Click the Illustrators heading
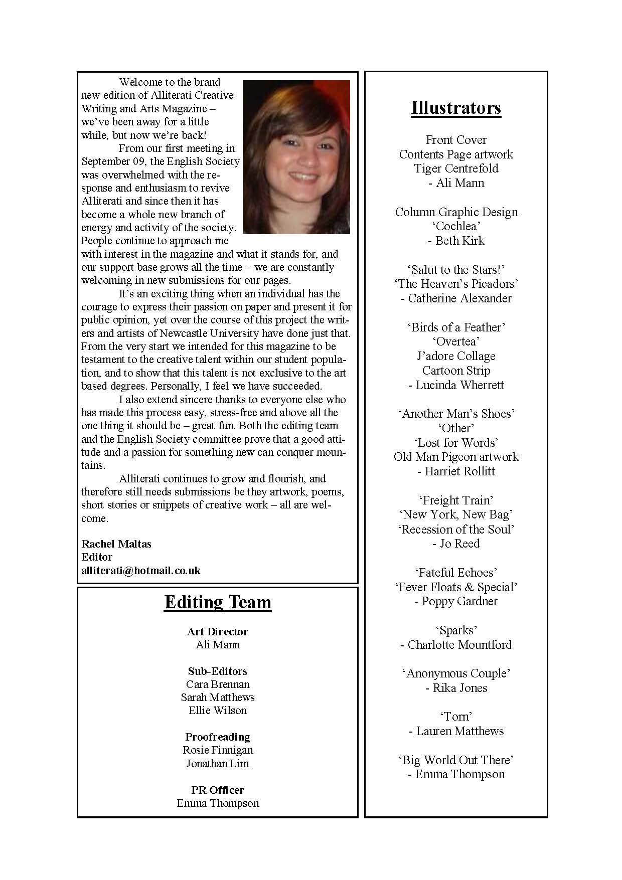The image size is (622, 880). coord(456,108)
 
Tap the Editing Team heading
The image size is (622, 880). coord(218,602)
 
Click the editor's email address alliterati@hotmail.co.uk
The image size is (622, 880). coord(141,570)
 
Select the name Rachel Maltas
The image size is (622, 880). coord(116,544)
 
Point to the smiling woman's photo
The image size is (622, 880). coord(296,157)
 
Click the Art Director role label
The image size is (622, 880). coord(218,631)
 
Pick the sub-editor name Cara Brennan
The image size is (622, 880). coord(218,684)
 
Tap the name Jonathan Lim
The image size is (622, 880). coord(218,763)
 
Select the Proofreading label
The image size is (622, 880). coord(218,737)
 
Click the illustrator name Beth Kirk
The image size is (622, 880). coord(456,241)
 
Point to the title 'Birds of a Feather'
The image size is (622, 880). coord(456,327)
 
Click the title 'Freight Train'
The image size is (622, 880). coord(456,500)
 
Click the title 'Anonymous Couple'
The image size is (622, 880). coord(456,673)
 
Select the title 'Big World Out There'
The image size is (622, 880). coord(456,760)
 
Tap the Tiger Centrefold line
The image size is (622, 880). coord(456,168)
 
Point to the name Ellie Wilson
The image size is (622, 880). coord(218,711)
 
